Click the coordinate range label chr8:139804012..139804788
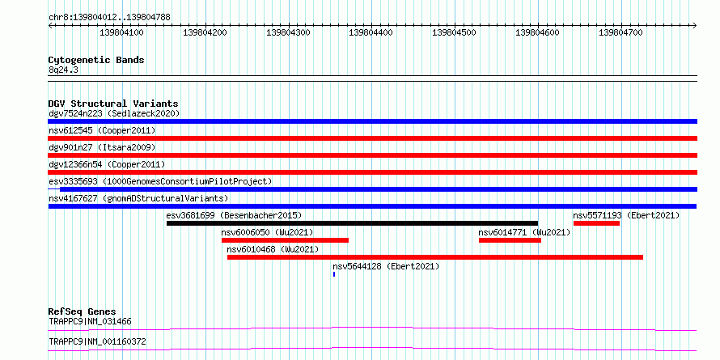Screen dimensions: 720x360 (x=109, y=18)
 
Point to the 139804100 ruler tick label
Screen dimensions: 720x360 (x=121, y=32)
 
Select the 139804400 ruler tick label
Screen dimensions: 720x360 (x=371, y=32)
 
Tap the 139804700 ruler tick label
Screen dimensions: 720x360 (x=620, y=32)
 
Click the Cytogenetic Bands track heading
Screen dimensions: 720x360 (x=96, y=60)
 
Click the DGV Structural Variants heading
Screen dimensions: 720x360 (x=113, y=104)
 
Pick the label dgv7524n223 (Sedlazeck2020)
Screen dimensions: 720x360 (x=114, y=113)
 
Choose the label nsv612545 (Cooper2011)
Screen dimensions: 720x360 (x=102, y=130)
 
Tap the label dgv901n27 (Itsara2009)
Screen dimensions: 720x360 (x=102, y=147)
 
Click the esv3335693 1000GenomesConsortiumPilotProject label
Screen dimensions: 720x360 (x=160, y=181)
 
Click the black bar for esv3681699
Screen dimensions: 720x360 (x=352, y=223)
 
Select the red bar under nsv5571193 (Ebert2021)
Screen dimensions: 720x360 (x=596, y=223)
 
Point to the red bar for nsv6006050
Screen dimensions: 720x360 (x=285, y=240)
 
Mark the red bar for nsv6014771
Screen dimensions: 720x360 (x=510, y=240)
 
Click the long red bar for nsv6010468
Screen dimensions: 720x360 (x=435, y=257)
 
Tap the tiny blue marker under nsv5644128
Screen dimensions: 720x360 (x=334, y=274)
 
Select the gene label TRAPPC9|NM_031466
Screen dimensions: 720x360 (x=90, y=321)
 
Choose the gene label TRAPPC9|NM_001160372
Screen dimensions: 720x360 (x=98, y=342)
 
